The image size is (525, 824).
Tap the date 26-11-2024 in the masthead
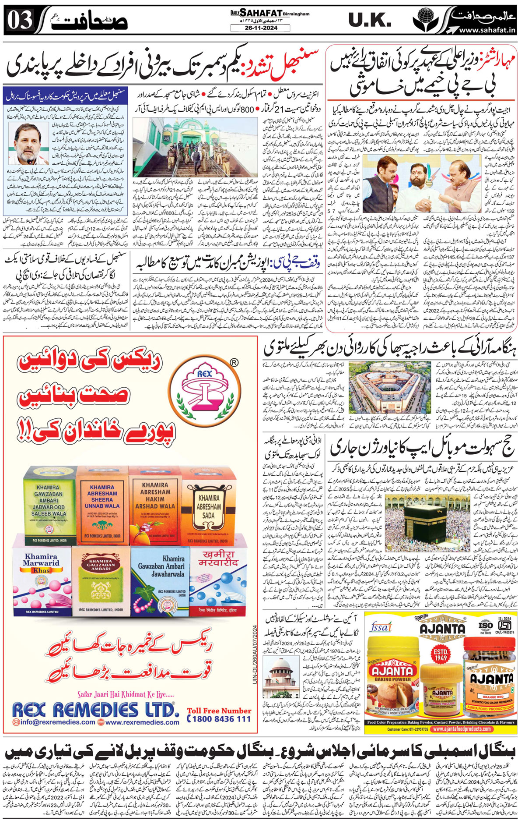pos(260,28)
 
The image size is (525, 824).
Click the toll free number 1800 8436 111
pos(219,719)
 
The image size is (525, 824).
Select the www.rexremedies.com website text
pos(142,722)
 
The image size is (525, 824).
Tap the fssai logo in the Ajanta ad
pos(380,627)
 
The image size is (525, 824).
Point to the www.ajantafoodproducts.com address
pos(461,729)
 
